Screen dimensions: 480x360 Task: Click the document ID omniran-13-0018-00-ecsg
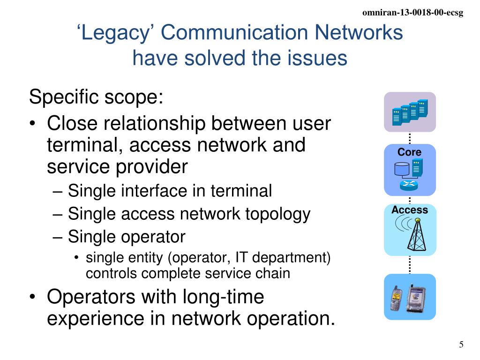coord(413,13)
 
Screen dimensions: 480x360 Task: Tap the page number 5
coord(461,345)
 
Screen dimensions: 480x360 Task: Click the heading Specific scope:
coord(96,97)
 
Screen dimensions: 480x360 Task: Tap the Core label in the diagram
coord(409,152)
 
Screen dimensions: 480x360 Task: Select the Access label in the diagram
coord(410,210)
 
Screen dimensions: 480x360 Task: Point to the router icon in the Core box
coord(409,185)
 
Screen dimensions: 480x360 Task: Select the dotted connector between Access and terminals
coord(410,264)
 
